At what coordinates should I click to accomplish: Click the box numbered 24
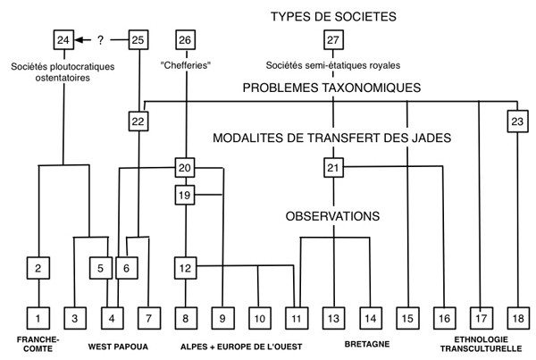pos(64,40)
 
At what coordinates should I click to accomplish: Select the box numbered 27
pos(333,40)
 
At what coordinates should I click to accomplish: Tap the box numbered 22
pos(137,121)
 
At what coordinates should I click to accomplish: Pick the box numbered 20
pos(185,169)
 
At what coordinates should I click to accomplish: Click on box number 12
pos(185,267)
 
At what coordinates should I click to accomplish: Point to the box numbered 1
pos(38,316)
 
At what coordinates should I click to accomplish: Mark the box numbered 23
pos(516,121)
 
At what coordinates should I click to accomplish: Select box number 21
pos(333,169)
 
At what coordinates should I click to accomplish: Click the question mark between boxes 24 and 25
pos(101,40)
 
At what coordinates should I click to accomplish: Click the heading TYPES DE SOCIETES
pos(332,16)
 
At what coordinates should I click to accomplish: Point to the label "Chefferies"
pos(185,64)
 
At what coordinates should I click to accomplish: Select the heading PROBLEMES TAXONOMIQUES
pos(333,89)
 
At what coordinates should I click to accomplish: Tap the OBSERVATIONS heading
pos(334,216)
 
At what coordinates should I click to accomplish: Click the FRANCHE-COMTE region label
pos(37,344)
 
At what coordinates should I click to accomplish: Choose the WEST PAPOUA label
pos(119,344)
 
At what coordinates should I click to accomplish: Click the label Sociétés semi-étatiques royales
pos(332,64)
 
